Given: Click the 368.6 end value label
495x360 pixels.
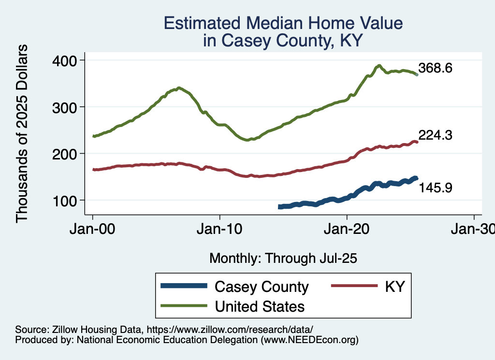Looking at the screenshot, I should coord(435,68).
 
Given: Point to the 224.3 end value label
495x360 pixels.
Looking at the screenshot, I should coord(435,136).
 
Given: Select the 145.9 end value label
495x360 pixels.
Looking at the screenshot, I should coord(435,187).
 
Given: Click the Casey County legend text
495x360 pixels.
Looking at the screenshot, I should coord(262,287).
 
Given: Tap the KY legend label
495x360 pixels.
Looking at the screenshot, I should coord(394,287).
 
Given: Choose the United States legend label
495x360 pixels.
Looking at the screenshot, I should coord(260,306).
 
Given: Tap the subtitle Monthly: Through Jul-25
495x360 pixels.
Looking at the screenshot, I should coord(283,259).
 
